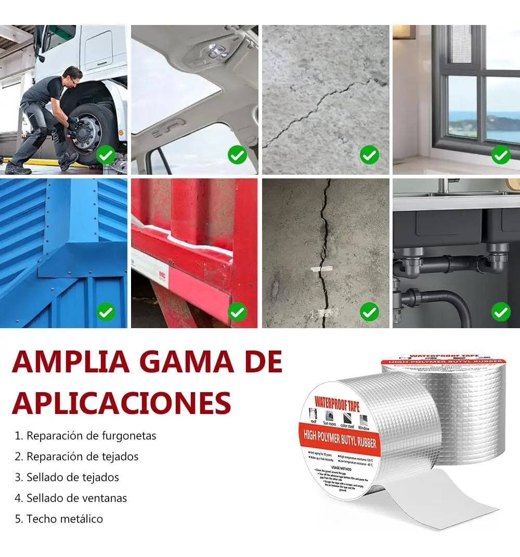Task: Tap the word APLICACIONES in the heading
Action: (x=121, y=402)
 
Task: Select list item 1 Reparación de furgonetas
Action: (x=85, y=435)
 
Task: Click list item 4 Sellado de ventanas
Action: (x=71, y=498)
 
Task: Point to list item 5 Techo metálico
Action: (x=59, y=519)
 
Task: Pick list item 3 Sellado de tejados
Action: (x=67, y=477)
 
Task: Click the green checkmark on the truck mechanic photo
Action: (x=106, y=154)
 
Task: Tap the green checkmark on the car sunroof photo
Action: (x=238, y=154)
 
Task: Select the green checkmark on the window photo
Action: (x=501, y=154)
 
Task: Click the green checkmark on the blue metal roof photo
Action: (x=106, y=312)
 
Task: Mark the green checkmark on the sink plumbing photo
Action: (x=501, y=312)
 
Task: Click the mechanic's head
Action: (x=73, y=74)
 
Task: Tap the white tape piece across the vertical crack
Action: (x=321, y=269)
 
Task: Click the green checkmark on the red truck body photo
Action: (x=238, y=312)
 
